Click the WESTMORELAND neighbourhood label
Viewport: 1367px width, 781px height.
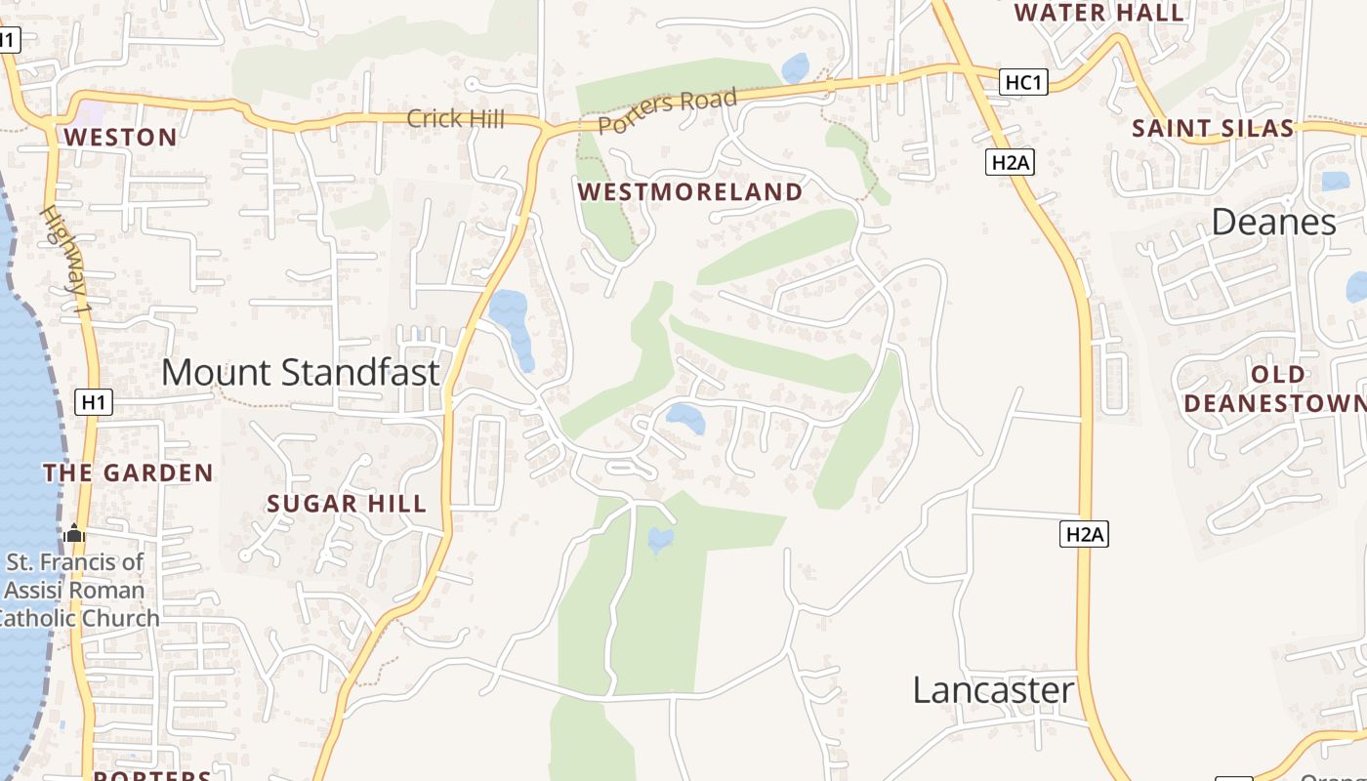689,192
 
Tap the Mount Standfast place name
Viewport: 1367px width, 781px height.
300,372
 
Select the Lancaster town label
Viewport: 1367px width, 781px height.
993,690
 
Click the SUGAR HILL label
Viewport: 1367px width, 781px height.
347,504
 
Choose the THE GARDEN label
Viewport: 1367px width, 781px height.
128,473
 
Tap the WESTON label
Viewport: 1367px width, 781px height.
121,138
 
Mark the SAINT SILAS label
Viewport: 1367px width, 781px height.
1213,129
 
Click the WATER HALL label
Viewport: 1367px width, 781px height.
1099,14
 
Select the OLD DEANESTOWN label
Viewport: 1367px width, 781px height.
1276,389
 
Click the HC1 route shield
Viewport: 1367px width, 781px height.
1023,83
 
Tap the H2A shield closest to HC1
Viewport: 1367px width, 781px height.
1010,162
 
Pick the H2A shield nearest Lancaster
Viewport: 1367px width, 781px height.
1084,534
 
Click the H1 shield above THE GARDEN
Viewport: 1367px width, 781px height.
94,401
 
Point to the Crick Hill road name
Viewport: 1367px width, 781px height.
455,119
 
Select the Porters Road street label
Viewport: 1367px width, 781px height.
666,111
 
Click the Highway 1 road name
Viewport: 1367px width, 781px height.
66,260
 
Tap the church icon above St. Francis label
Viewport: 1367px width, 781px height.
74,533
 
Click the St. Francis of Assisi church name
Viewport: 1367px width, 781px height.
76,590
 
